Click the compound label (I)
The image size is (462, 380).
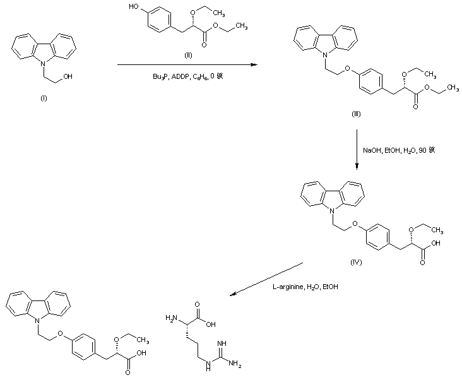point(43,99)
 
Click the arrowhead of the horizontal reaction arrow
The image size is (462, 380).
point(256,64)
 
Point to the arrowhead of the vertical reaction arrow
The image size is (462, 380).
point(357,167)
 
